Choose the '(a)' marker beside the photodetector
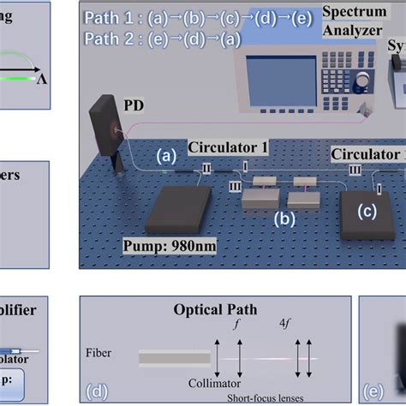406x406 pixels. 166,156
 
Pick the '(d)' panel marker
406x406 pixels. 97,391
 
